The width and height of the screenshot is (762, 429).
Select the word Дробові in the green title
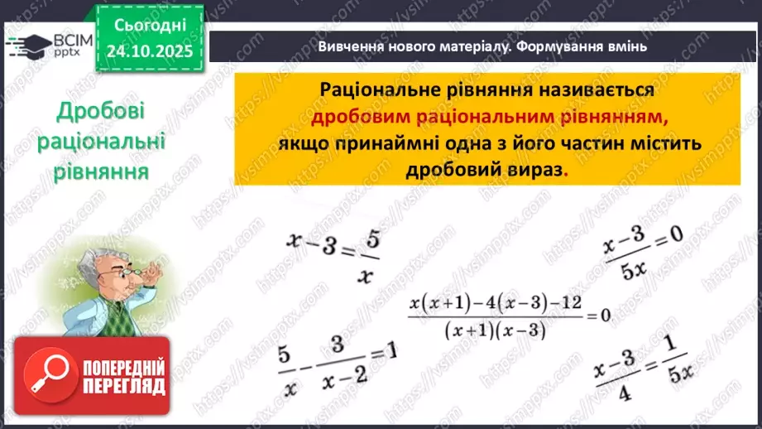[102, 113]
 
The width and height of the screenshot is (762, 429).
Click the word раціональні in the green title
[102, 142]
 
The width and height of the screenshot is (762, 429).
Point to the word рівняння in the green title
[102, 172]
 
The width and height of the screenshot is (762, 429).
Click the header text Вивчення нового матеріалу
[413, 47]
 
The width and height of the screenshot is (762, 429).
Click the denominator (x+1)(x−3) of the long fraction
[495, 329]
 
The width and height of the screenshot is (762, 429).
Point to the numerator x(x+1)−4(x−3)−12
[495, 304]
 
